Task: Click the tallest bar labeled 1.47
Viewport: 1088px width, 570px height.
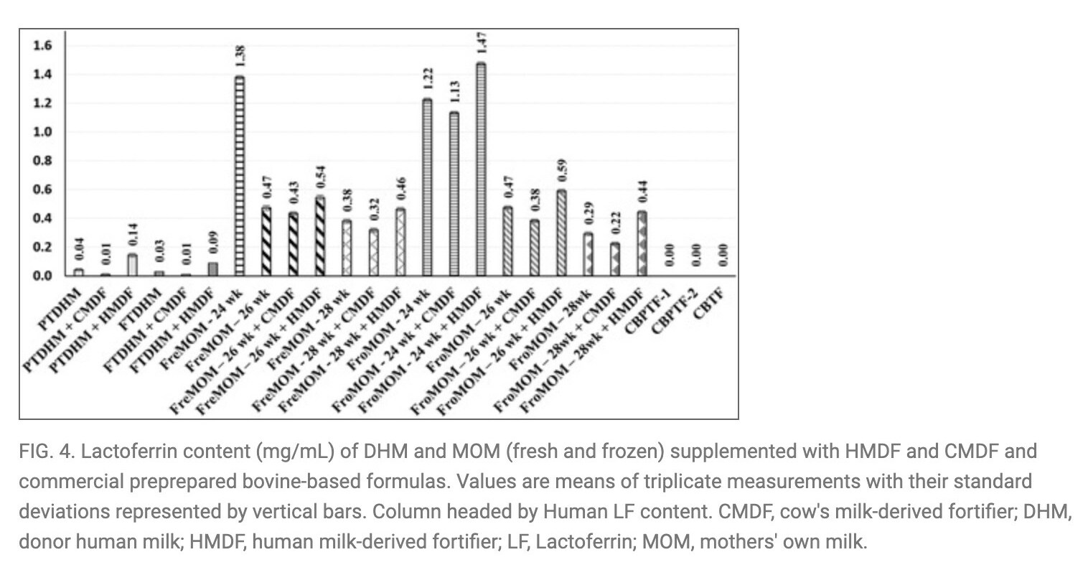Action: pos(481,169)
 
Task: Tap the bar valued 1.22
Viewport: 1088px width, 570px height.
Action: pos(427,187)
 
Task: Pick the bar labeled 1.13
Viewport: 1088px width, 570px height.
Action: pos(454,194)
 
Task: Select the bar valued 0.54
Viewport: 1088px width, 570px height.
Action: pos(320,236)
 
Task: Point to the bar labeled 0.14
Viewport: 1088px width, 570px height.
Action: pos(132,265)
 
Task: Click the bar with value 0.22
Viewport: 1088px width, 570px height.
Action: pos(614,259)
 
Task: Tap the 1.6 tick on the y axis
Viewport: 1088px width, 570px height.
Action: pos(43,46)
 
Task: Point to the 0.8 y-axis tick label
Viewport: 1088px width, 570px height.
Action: pos(43,161)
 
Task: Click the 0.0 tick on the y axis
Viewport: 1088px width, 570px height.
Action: pos(43,276)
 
